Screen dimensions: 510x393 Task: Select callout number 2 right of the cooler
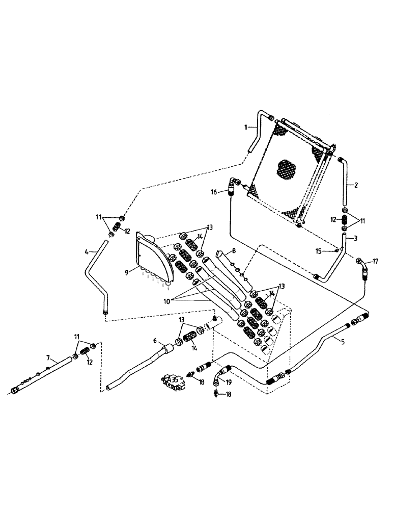click(x=356, y=185)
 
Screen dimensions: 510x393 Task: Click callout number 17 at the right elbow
click(x=376, y=262)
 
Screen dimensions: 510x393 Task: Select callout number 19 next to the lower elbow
click(x=229, y=381)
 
